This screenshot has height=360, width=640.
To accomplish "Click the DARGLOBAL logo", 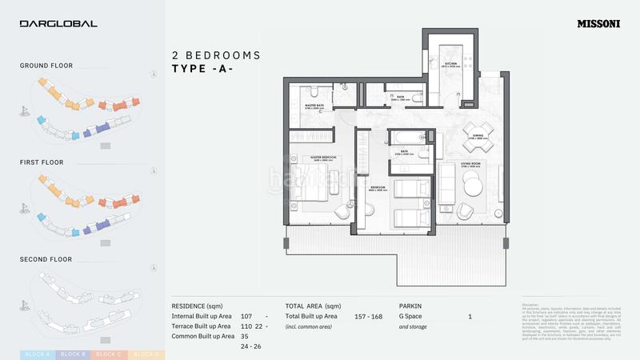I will coord(58,24).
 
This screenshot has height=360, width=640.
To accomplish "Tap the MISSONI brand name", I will coord(598,24).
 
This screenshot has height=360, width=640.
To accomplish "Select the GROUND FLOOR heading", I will coord(46,66).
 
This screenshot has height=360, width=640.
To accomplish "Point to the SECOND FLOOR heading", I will coord(46,259).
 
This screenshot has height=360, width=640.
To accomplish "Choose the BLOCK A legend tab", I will coord(38,354).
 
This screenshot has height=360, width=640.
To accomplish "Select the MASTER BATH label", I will coord(314,105).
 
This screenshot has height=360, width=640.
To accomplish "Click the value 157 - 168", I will coord(370,317).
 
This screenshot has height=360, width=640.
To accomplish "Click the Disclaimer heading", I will coord(531,303).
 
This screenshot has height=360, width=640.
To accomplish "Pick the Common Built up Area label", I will coord(202,336).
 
